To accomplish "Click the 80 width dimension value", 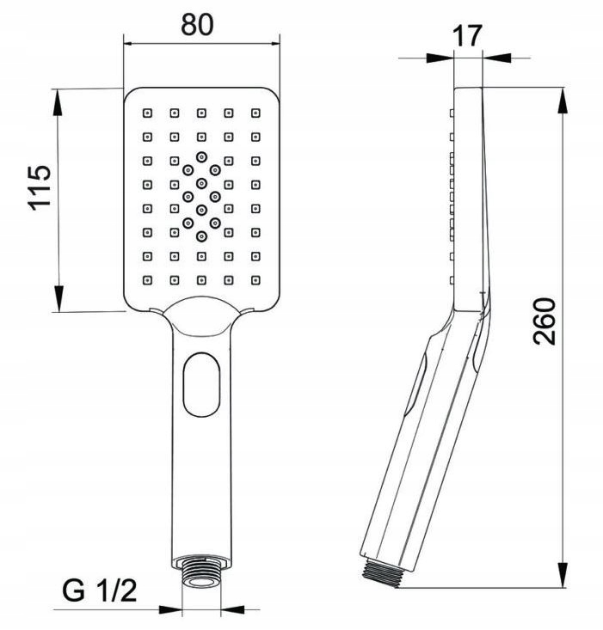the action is [197, 24].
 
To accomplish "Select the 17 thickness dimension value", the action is [467, 36].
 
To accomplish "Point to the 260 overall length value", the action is [544, 321].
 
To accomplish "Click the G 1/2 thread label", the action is [100, 590].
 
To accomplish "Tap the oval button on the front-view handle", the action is [201, 384].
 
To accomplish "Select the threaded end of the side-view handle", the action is [381, 573].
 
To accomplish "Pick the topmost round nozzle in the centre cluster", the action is [201, 156].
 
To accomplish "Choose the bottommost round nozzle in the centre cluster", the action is [201, 236].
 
